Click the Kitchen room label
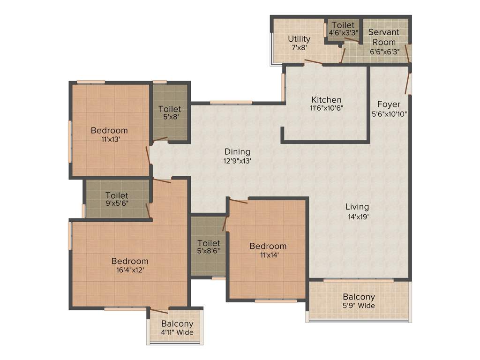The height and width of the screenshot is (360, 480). [327, 100]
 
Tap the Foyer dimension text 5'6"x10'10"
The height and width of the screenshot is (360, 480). [389, 113]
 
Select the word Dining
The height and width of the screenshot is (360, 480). [237, 152]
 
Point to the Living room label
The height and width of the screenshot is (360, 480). [357, 207]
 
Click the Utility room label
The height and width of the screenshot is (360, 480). [299, 39]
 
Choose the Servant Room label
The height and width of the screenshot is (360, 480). [384, 37]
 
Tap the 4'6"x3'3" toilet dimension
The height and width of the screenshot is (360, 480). [344, 33]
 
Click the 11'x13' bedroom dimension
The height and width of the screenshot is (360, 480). [109, 139]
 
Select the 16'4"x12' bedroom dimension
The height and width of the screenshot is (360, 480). [130, 270]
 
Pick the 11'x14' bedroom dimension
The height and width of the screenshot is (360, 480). [268, 255]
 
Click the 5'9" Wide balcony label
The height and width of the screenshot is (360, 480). [359, 306]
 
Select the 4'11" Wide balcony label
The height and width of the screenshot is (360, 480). [177, 332]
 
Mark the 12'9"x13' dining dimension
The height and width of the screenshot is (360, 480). [237, 161]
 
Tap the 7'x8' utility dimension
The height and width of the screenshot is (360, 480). [299, 48]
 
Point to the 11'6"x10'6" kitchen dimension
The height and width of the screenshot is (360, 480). [327, 109]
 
